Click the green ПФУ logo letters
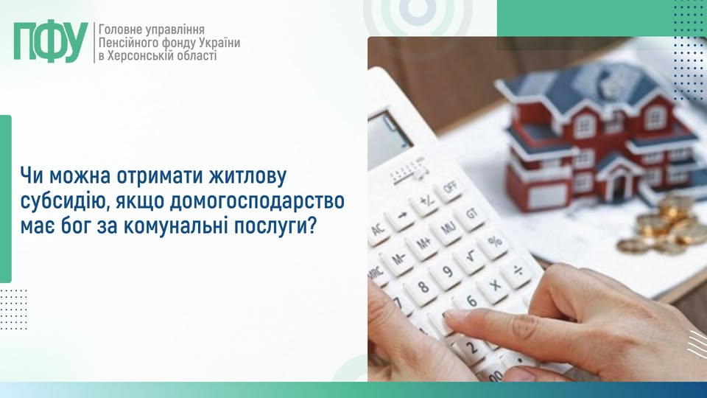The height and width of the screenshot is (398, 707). coord(50,43)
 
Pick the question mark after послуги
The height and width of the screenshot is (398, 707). coord(312,226)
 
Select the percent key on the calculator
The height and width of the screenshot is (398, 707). coord(494,240)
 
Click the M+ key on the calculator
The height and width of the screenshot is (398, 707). coord(423,242)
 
